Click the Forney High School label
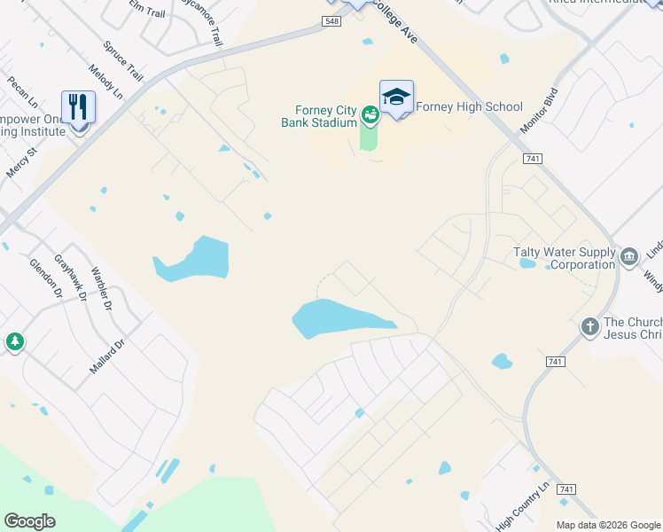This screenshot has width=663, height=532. coord(469,107)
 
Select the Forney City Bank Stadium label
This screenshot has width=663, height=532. coord(319,116)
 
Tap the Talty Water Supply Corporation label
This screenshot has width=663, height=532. coord(565,258)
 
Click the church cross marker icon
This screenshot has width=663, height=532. coord(590,327)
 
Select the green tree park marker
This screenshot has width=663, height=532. coord(14,341)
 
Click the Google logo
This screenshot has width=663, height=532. coord(29,521)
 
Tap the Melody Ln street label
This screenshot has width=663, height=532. coord(105,81)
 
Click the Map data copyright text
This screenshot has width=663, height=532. coord(609,525)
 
